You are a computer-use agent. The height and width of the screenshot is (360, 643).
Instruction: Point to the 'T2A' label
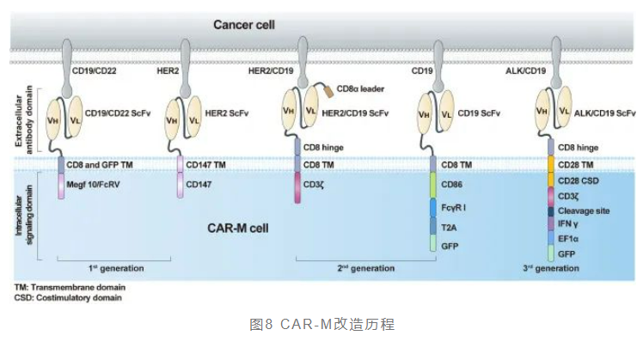[x=450, y=225]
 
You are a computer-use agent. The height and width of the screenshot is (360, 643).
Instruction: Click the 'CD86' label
[x=452, y=184]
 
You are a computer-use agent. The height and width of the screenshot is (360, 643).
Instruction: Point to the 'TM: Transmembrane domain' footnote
[x=65, y=287]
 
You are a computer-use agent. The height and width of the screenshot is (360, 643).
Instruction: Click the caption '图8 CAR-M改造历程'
[x=321, y=325]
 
